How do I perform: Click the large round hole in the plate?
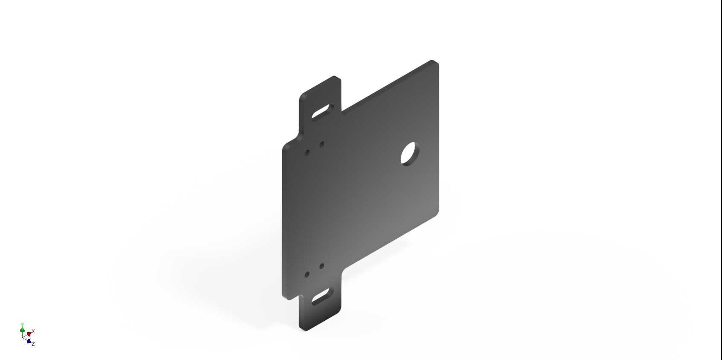(410, 154)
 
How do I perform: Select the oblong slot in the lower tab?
(323, 296)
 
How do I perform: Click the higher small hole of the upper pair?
(322, 144)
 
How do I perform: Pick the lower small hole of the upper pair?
(307, 152)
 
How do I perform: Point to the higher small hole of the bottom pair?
(322, 266)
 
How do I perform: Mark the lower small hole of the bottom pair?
(307, 275)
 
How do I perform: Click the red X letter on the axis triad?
(33, 331)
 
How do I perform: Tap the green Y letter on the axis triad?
(22, 325)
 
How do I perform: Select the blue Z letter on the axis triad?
(33, 344)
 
